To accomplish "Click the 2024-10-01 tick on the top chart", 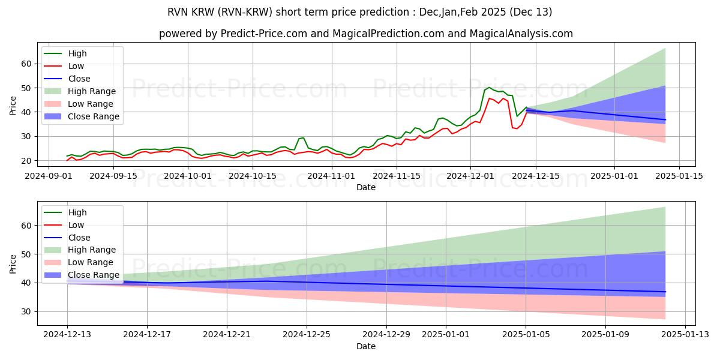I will click(188, 176).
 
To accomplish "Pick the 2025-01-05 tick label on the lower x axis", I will click(526, 335).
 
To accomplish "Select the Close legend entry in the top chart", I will click(79, 79).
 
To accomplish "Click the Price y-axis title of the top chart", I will click(13, 106).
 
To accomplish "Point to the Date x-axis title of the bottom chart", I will click(366, 347).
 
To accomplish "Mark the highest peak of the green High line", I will click(489, 87).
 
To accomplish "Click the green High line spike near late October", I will click(302, 138).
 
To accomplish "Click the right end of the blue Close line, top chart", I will click(665, 120).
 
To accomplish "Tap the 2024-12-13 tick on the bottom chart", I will click(67, 335).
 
